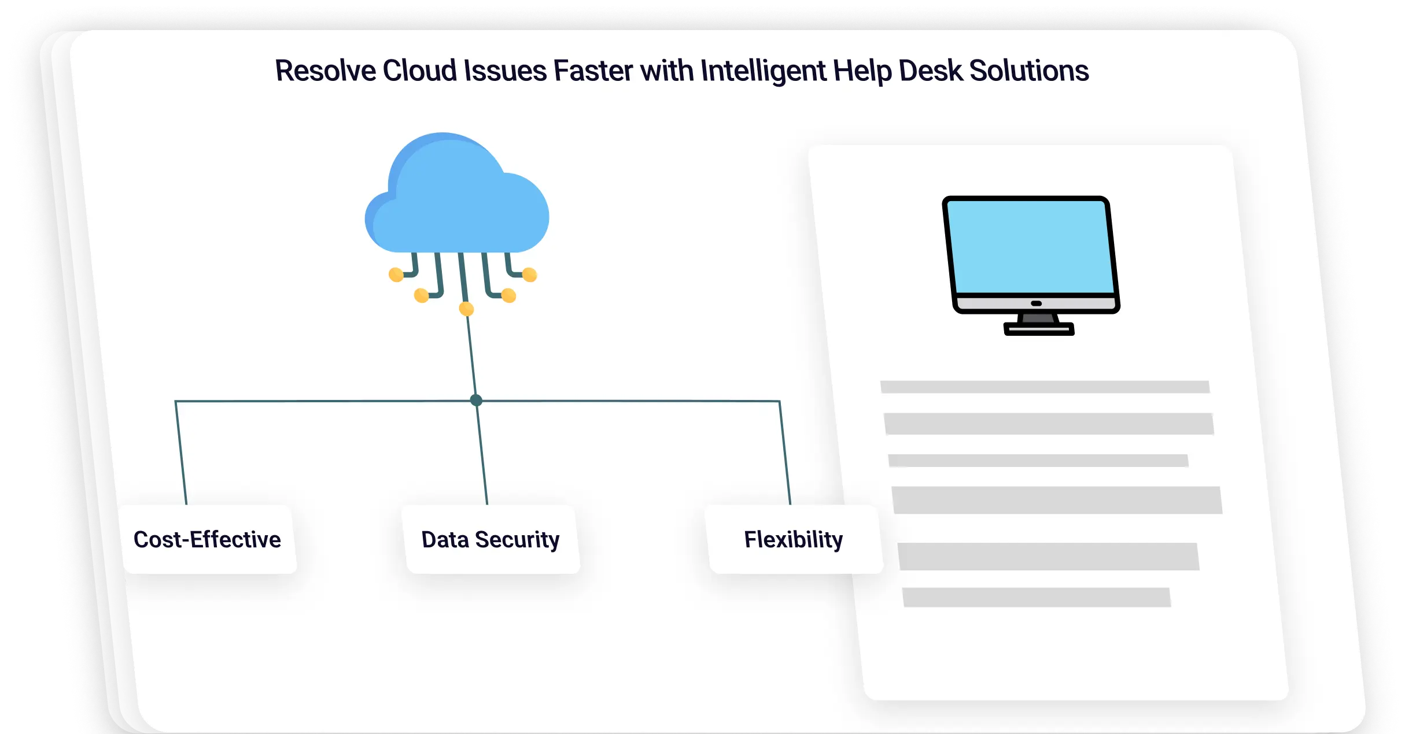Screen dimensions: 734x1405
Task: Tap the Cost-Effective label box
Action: pyautogui.click(x=208, y=540)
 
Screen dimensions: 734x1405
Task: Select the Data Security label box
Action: pyautogui.click(x=491, y=540)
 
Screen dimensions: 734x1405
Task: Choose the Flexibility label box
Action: pyautogui.click(x=794, y=540)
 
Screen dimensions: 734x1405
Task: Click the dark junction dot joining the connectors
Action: pyautogui.click(x=476, y=400)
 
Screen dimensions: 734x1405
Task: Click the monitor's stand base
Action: pyautogui.click(x=1039, y=329)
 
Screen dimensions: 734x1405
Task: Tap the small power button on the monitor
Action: pyautogui.click(x=1036, y=303)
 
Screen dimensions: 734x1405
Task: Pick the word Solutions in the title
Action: pyautogui.click(x=1029, y=71)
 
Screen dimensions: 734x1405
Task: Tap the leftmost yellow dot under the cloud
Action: pyautogui.click(x=396, y=275)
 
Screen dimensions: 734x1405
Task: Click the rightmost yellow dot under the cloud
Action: pyautogui.click(x=529, y=275)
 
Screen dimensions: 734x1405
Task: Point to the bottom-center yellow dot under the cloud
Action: pyautogui.click(x=466, y=309)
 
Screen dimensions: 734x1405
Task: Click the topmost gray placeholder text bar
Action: pyautogui.click(x=1045, y=387)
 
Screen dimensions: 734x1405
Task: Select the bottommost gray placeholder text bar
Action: pyautogui.click(x=1036, y=597)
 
